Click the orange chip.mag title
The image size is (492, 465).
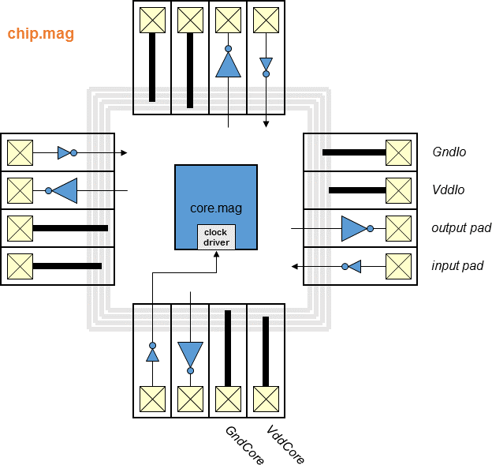point(40,35)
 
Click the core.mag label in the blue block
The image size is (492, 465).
point(216,209)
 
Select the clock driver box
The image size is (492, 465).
point(216,237)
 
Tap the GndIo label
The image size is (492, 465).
point(449,152)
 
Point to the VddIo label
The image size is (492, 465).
point(449,190)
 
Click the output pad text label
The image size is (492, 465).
point(461,228)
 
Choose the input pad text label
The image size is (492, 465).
point(457,266)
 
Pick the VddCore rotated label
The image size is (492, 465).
point(285,445)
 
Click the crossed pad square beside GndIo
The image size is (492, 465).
point(398,152)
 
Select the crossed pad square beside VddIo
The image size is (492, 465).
point(398,190)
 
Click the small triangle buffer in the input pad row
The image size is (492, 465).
point(355,266)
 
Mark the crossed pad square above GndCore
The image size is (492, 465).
point(228,397)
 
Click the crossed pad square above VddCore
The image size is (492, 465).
point(266,397)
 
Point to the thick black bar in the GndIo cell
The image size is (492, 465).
point(353,152)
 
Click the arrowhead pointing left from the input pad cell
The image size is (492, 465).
point(295,266)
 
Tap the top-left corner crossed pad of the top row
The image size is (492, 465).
point(152,20)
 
